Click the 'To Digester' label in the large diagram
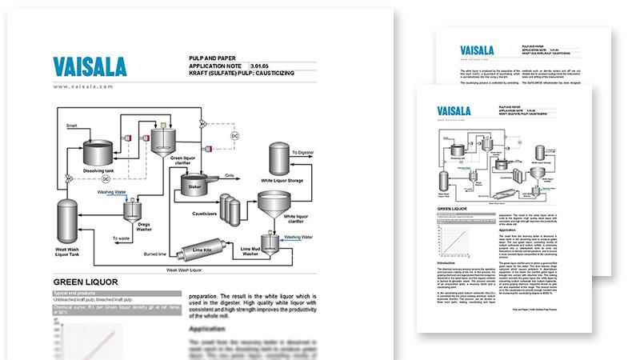point(308,151)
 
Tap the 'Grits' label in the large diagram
point(230,174)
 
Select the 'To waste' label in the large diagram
point(122,238)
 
